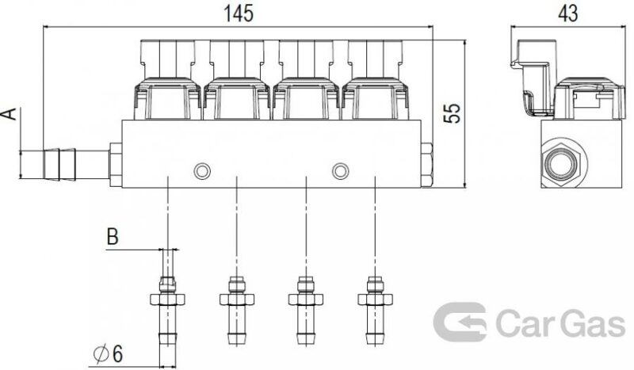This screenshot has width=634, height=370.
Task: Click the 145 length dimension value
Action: (x=239, y=13)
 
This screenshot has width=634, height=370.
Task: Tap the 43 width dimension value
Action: (x=568, y=13)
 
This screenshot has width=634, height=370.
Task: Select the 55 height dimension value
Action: (x=452, y=113)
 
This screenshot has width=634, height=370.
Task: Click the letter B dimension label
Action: (x=113, y=237)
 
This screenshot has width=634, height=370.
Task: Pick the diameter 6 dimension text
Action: (x=108, y=355)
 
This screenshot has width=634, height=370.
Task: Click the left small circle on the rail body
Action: (x=202, y=171)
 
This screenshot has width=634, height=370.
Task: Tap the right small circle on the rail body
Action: (x=341, y=171)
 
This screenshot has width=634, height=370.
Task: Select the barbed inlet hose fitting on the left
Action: (x=76, y=165)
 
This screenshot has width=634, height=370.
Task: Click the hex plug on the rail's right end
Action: (x=426, y=165)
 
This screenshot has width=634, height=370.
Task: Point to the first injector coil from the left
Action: (x=167, y=99)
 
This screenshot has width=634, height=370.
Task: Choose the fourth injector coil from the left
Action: (x=375, y=99)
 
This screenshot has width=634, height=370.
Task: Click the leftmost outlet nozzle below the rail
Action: (x=167, y=311)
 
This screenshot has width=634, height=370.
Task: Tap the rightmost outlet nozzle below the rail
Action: (x=375, y=311)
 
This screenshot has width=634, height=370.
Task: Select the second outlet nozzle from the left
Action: (x=237, y=311)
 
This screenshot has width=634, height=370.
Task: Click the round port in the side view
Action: (x=563, y=163)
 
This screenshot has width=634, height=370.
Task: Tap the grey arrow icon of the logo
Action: (x=460, y=322)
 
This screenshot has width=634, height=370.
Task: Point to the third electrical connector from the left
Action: (x=306, y=59)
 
